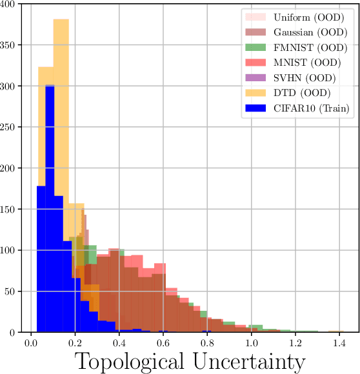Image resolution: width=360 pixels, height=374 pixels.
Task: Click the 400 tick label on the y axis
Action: pos(11,4)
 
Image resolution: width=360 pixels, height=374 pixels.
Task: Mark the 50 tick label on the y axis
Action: pos(14,291)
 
